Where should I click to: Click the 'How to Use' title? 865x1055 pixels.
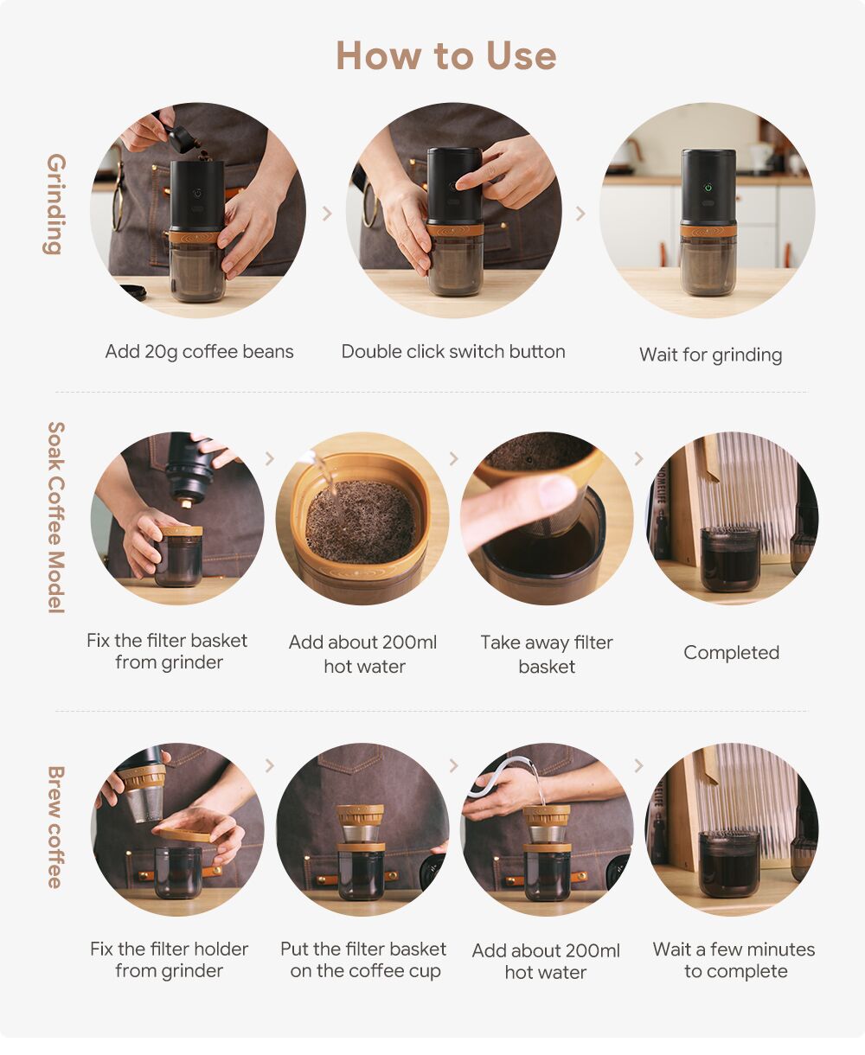point(446,55)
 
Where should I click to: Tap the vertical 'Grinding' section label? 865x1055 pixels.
point(55,204)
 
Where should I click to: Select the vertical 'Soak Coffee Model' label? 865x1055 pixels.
point(55,517)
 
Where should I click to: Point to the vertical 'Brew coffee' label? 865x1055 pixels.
point(55,827)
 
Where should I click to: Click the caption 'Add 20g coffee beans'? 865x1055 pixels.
point(199,352)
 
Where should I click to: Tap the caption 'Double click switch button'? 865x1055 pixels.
point(453,351)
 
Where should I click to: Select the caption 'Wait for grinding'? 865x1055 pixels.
point(710,355)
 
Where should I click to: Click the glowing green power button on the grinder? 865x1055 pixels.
point(708,188)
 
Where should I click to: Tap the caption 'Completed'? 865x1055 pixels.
point(731,652)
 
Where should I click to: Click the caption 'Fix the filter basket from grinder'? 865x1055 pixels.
point(167,651)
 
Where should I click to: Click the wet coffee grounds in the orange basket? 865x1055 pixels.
point(360,521)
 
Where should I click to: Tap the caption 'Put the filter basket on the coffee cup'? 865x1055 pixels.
point(363,960)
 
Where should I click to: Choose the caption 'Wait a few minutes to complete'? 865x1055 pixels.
point(734,961)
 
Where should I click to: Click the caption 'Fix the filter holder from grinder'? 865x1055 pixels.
point(169,960)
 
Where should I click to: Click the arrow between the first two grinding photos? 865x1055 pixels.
point(327,214)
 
